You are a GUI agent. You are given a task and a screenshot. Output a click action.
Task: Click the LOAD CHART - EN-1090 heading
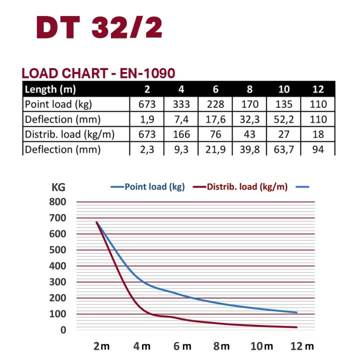(98, 73)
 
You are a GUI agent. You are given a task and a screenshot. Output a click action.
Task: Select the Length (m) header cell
(50, 89)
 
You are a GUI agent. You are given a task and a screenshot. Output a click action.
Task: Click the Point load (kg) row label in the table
(59, 104)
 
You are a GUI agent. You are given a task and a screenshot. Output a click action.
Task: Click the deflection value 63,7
(284, 149)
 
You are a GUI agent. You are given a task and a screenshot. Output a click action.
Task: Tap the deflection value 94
(318, 149)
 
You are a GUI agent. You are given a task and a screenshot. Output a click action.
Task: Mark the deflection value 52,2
(284, 119)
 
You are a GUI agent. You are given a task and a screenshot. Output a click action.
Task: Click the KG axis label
(59, 187)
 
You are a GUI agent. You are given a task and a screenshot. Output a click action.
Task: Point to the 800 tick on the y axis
(57, 202)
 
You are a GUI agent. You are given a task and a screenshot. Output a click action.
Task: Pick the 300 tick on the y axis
(57, 282)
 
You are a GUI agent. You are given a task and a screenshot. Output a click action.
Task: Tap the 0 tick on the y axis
(63, 330)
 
